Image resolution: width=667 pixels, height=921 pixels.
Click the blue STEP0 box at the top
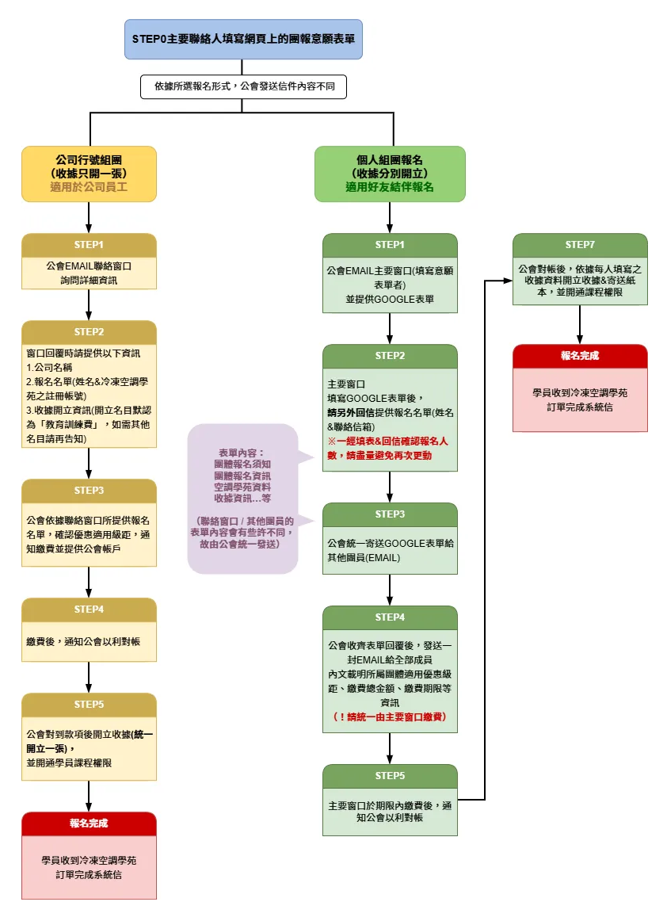coord(243,39)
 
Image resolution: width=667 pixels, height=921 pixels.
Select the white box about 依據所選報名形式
coord(243,86)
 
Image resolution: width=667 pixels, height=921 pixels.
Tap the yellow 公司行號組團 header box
coord(89,172)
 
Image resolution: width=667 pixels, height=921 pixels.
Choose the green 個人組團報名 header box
coord(390,172)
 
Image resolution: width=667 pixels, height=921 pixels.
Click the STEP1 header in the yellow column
coord(89,245)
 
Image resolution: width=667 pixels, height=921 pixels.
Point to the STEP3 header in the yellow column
coord(89,491)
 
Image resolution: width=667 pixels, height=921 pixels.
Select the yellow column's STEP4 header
coord(89,610)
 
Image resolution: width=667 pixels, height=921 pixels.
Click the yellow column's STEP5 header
coord(89,705)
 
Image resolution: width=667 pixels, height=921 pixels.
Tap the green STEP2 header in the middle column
coord(390,356)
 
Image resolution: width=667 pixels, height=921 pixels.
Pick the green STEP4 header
coord(390,617)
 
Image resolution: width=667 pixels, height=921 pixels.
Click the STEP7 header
coord(580,245)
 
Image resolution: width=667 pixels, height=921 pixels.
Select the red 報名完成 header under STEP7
coord(580,356)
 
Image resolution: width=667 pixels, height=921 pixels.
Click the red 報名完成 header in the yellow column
coord(89,824)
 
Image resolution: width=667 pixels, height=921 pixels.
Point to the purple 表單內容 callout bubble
coord(242,499)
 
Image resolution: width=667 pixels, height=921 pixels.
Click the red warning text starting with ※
coord(388,448)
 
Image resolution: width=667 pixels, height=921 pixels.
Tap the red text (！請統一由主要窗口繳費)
coord(390,717)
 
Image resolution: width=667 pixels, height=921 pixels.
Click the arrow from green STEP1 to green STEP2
coord(390,328)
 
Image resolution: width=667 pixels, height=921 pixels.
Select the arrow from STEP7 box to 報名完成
coord(580,324)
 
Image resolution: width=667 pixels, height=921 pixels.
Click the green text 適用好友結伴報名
coord(390,188)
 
